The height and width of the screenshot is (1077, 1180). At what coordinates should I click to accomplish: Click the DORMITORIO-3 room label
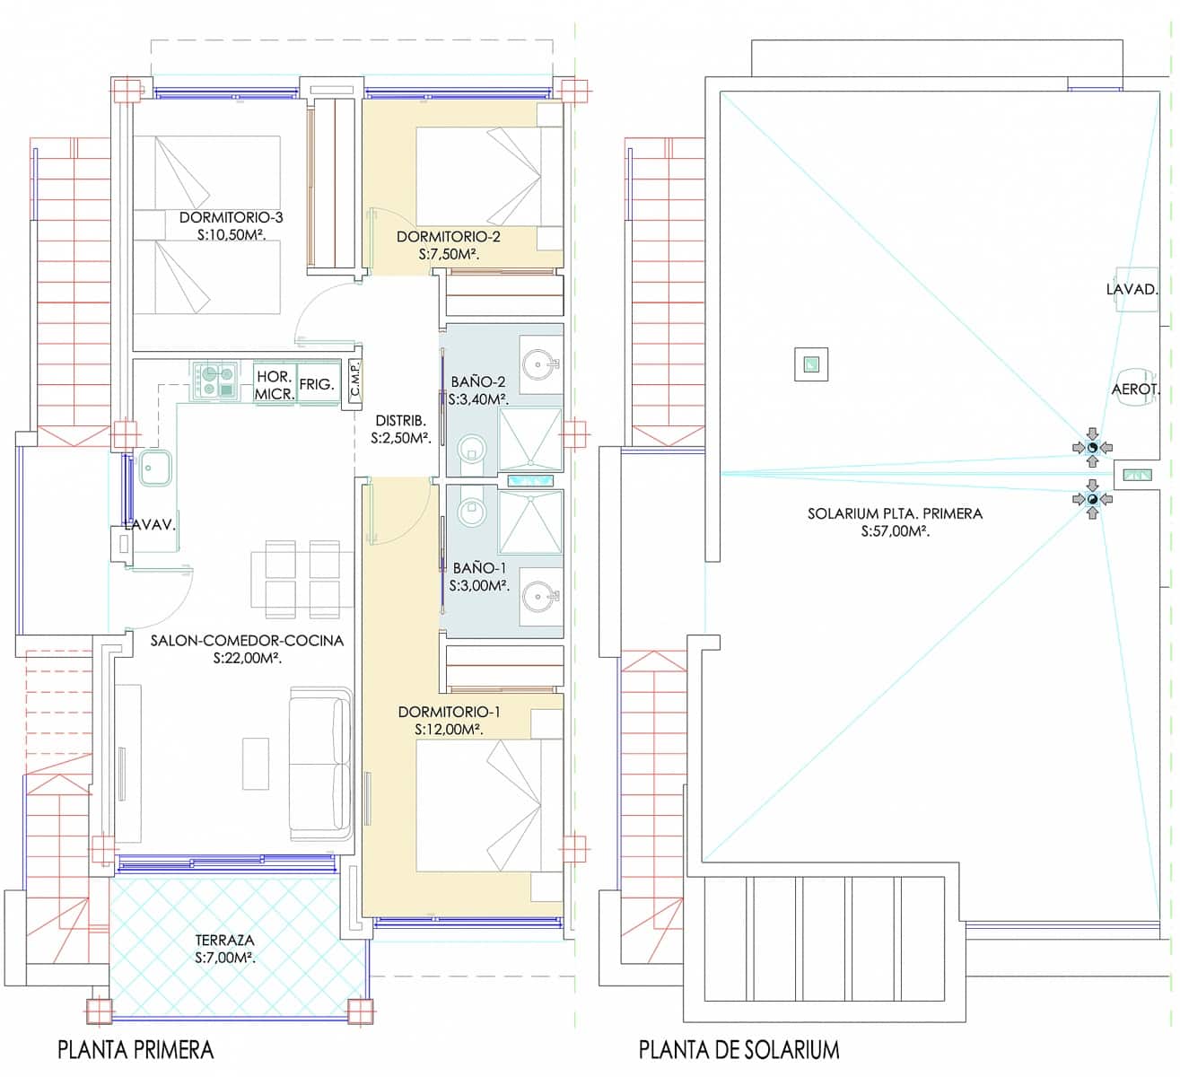point(232,217)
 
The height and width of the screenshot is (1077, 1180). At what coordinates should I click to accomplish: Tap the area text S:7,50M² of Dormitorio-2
point(449,254)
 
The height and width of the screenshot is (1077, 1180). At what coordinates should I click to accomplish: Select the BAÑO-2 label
point(477,381)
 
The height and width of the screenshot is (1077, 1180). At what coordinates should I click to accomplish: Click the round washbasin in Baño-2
point(538,365)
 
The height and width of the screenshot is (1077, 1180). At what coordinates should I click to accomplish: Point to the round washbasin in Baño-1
point(538,598)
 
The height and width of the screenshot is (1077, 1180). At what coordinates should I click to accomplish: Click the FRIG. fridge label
point(317,384)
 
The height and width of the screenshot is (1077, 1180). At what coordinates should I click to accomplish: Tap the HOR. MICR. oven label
point(274,386)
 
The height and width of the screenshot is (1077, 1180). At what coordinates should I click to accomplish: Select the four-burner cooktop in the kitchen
point(214,381)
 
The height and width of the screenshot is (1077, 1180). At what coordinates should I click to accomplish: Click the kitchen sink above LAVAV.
point(156,468)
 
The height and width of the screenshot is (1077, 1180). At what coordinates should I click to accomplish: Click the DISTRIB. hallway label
point(400,421)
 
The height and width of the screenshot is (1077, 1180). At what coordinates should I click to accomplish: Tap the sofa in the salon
point(320,765)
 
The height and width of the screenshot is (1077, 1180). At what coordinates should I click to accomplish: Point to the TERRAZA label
point(224,940)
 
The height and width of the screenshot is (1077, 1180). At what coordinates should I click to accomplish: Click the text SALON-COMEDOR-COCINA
point(247,640)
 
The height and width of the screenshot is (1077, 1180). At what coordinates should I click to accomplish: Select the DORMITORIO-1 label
point(449,712)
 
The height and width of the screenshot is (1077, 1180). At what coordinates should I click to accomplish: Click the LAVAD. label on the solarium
point(1132,290)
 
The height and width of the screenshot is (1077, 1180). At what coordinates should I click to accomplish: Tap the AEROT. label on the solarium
point(1136,389)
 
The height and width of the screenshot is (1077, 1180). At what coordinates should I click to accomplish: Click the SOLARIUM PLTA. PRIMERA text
point(895,513)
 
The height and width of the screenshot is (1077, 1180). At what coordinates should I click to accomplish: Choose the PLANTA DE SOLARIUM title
point(739,1050)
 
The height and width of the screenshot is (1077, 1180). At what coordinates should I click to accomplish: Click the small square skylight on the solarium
point(811,364)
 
